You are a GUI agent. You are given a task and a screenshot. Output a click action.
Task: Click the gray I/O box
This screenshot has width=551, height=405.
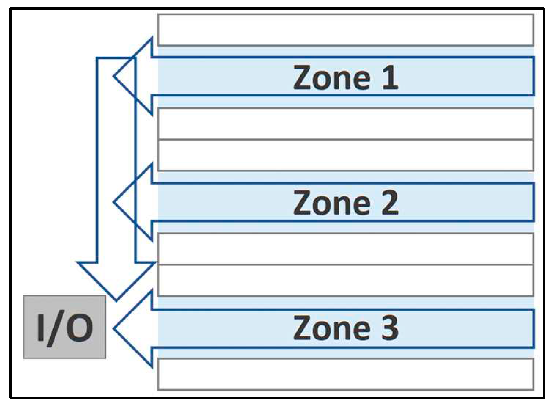pos(65,326)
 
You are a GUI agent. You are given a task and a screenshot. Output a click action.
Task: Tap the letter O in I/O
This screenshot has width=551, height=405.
pos(80,328)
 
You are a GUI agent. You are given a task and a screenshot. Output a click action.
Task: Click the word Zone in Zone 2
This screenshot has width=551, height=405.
pos(332,202)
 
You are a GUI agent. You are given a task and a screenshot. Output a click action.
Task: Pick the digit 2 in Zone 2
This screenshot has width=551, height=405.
pos(390,202)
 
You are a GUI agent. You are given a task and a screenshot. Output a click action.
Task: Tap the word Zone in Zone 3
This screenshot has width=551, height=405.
pos(332,328)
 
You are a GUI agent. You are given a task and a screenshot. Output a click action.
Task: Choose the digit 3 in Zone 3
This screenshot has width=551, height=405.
pos(390,328)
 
